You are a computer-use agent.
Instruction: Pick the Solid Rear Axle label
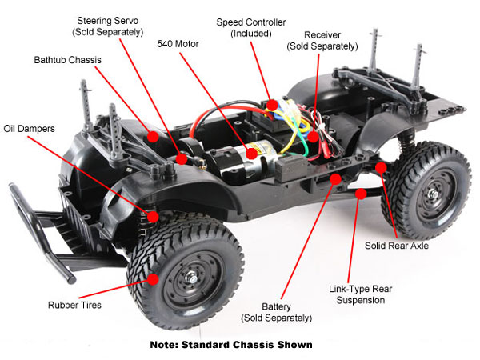point(398,246)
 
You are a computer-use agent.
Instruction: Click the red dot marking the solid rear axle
point(382,168)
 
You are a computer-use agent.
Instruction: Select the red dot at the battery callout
point(335,178)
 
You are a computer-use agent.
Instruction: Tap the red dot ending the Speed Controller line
point(273,104)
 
